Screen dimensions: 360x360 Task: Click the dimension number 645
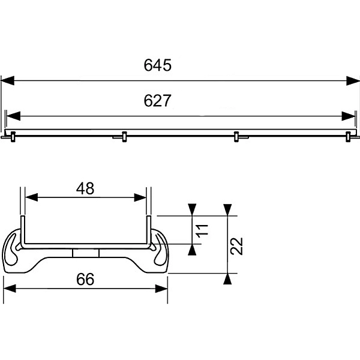coord(157,65)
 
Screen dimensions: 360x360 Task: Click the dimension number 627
coord(157,101)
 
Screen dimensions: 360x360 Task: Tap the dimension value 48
coord(85,188)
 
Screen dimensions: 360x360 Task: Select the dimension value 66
coord(85,279)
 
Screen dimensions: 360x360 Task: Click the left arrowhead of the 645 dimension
coord(8,81)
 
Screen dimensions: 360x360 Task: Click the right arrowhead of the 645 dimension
coord(353,81)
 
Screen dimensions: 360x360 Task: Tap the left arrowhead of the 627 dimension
coord(14,116)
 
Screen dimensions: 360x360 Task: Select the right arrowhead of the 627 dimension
coord(348,116)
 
